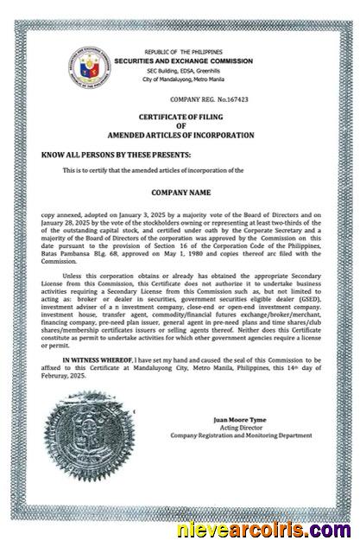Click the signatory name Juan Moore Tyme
coord(239,419)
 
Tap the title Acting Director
coord(239,427)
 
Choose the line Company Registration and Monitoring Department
coord(239,435)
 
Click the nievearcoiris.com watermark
coord(270,528)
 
